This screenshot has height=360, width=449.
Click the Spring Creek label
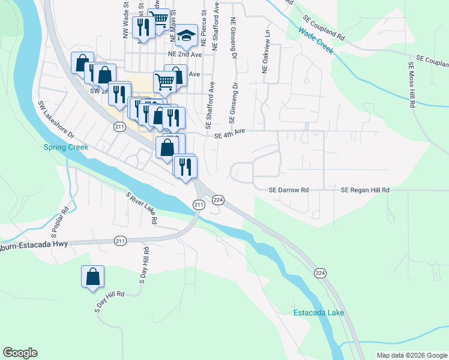(x=66, y=147)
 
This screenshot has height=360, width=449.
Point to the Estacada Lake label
(x=319, y=313)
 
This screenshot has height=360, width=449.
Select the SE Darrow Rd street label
(x=288, y=190)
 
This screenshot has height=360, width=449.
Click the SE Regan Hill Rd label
(x=365, y=190)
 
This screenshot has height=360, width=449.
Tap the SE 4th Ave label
(x=230, y=136)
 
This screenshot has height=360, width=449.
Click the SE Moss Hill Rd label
(x=412, y=84)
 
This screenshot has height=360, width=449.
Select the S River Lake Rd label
(x=142, y=208)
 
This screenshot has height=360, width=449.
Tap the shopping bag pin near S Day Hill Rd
(x=93, y=277)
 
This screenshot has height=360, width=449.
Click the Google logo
(x=20, y=353)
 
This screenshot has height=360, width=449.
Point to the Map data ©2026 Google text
(x=411, y=355)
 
